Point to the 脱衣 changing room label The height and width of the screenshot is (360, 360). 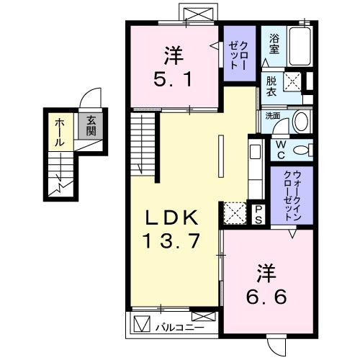tap(271, 87)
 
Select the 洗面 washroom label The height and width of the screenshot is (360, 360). tap(272, 114)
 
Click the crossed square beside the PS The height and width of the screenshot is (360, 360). tap(235, 214)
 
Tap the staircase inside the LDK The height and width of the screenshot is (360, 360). tap(145, 144)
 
